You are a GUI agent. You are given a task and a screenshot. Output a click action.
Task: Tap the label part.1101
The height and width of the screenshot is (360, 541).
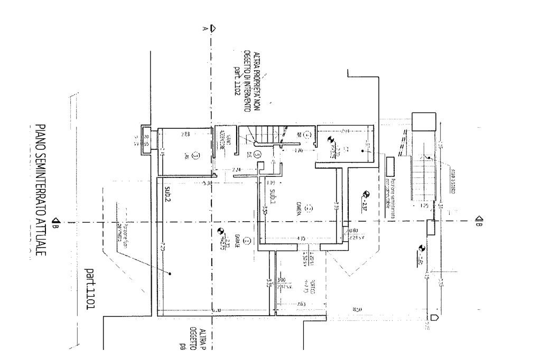pyautogui.click(x=89, y=288)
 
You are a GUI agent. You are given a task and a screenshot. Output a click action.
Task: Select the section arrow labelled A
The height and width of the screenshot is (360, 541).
pyautogui.click(x=211, y=27)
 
